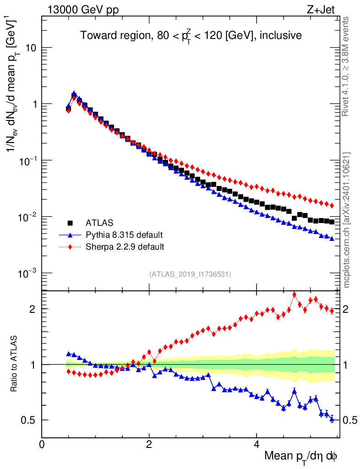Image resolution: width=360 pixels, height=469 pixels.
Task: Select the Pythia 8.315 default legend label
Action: [x=124, y=235]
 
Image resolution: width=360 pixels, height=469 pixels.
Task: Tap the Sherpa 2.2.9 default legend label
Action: [x=125, y=247]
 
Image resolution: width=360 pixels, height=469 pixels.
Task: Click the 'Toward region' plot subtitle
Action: [x=191, y=36]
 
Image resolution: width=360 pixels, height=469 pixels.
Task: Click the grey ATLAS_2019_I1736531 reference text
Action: [x=190, y=274]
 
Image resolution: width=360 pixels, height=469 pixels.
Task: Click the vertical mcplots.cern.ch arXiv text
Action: [x=347, y=220]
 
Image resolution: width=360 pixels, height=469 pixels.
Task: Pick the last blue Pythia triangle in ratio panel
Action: [x=332, y=419]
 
